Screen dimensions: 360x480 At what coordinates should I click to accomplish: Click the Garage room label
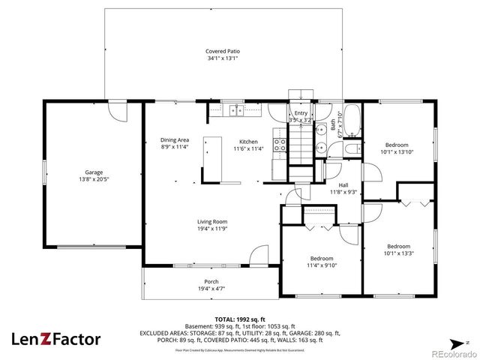pyautogui.click(x=94, y=172)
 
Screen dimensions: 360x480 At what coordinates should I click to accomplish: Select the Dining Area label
pyautogui.click(x=174, y=139)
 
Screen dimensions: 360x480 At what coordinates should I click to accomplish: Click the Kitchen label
pyautogui.click(x=248, y=142)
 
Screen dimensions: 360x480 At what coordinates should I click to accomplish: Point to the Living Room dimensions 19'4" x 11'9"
pyautogui.click(x=212, y=229)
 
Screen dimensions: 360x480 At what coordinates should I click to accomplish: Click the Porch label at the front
pyautogui.click(x=212, y=281)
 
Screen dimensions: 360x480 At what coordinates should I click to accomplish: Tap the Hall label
pyautogui.click(x=343, y=184)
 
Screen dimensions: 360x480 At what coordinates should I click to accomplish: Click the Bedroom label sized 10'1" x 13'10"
pyautogui.click(x=397, y=145)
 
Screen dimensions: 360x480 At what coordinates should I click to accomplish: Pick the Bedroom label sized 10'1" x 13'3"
pyautogui.click(x=398, y=246)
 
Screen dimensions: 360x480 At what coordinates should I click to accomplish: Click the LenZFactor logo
pyautogui.click(x=55, y=339)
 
